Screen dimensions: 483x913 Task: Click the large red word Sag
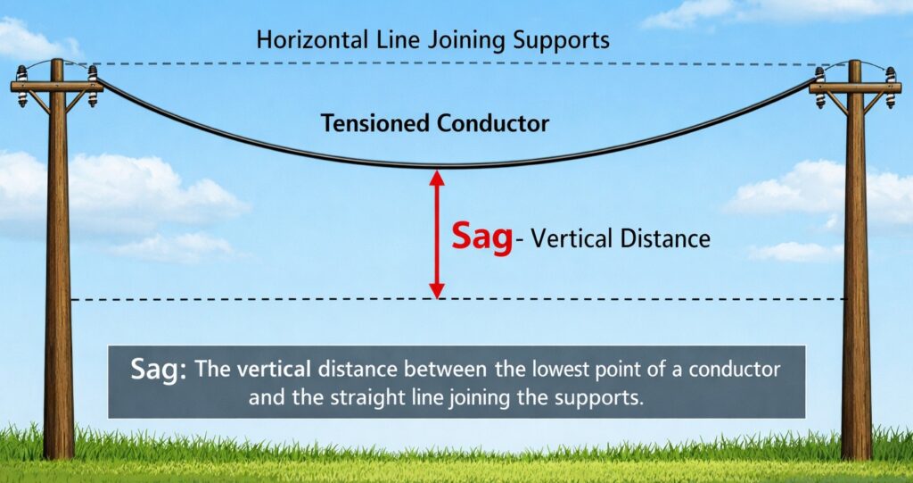482,238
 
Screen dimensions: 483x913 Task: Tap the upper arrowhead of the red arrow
437,177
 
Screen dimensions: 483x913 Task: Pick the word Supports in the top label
568,40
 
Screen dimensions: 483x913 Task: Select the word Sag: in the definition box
158,369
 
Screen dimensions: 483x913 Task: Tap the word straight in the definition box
386,397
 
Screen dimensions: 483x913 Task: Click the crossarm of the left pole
57,87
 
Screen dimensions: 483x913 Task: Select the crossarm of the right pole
855,87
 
